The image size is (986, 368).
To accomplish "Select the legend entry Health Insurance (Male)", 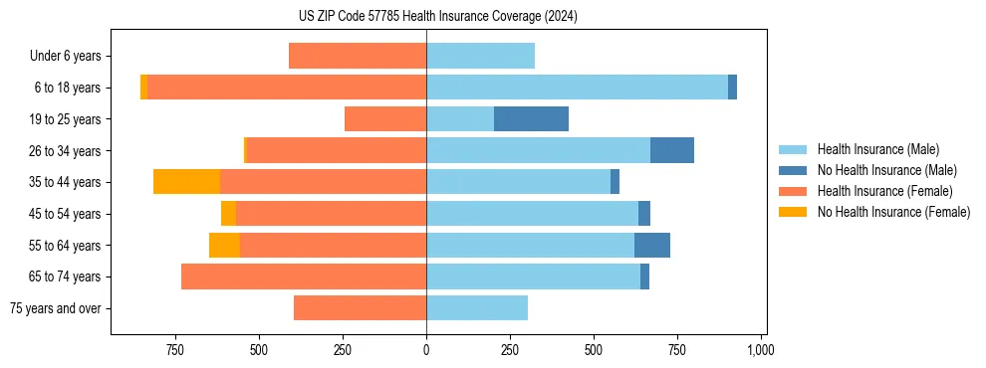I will [x=877, y=149].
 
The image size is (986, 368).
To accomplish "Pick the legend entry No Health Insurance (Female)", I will [x=893, y=212].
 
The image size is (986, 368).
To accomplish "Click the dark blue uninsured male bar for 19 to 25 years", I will [x=531, y=119].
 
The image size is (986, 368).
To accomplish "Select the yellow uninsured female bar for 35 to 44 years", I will [x=186, y=182].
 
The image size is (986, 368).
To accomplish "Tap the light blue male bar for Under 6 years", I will [x=480, y=56].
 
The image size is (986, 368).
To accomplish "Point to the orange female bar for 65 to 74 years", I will [x=304, y=276].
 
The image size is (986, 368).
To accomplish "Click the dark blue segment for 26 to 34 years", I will [x=672, y=150].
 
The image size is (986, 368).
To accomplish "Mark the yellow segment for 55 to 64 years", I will [x=224, y=245].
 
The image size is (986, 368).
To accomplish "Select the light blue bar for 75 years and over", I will [x=477, y=308].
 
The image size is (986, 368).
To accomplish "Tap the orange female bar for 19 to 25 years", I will [x=385, y=119].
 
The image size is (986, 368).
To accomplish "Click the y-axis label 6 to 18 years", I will [x=67, y=88].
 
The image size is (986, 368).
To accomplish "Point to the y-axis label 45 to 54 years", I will [x=64, y=214].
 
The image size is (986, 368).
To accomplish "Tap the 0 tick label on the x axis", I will [x=426, y=350].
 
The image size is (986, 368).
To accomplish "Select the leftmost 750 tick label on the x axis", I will [x=175, y=350].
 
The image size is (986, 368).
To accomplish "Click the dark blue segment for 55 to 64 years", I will [x=652, y=245].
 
